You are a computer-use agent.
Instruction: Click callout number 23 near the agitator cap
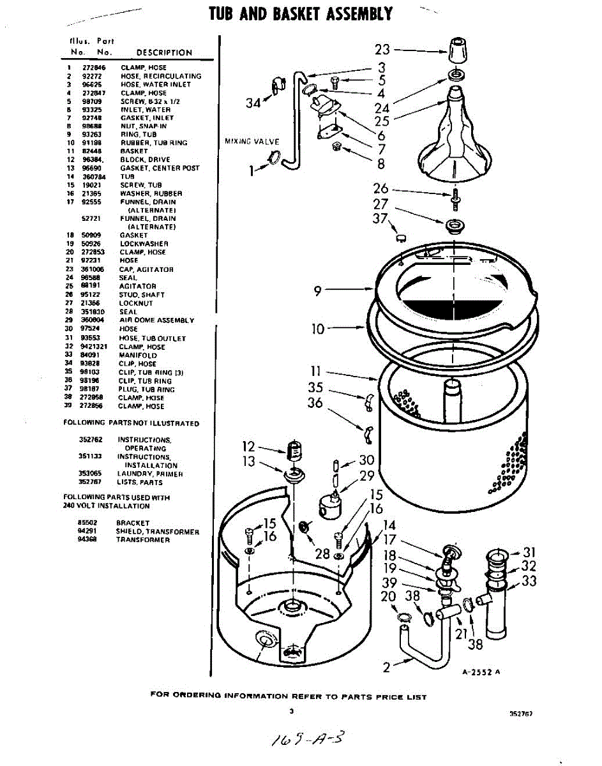pos(382,49)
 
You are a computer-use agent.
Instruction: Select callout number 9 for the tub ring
pos(318,291)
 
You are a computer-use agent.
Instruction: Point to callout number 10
pos(318,329)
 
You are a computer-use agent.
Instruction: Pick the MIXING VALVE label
pos(252,140)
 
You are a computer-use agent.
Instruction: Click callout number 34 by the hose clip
pos(253,102)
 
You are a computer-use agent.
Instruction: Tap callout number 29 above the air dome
pos(367,476)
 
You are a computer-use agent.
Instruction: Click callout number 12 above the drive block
pos(249,447)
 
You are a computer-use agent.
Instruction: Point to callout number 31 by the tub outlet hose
pos(529,552)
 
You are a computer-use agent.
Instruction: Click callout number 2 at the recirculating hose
pos(387,668)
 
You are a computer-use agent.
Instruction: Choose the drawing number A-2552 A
pos(481,672)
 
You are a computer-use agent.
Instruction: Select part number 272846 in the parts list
pos(94,68)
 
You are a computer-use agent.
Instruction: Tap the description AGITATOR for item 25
pos(137,287)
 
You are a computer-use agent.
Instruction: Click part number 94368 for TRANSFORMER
pos(87,540)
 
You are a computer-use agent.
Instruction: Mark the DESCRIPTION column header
pos(164,53)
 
